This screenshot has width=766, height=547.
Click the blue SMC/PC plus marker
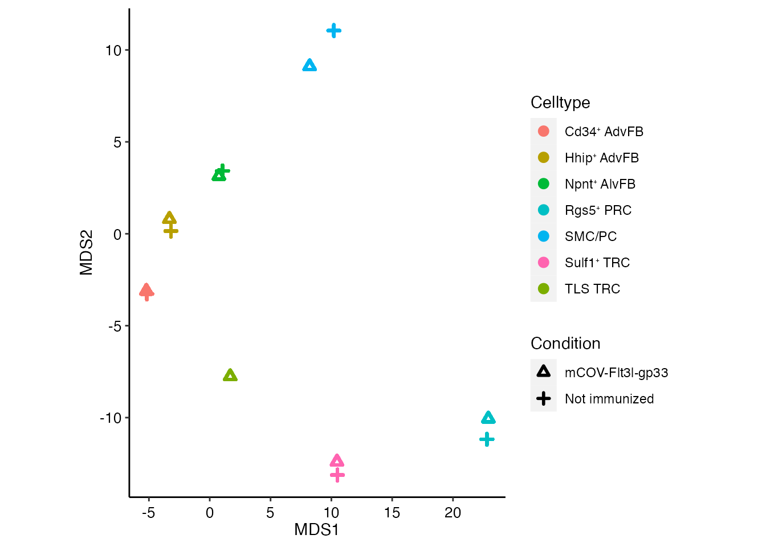pyautogui.click(x=334, y=31)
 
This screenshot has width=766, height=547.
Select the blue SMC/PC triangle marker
pyautogui.click(x=309, y=66)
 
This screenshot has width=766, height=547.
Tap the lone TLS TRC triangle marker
pyautogui.click(x=230, y=375)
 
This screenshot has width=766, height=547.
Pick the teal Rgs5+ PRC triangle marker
pyautogui.click(x=488, y=418)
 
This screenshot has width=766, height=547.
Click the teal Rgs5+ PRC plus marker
pyautogui.click(x=487, y=439)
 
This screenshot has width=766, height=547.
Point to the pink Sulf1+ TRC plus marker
pyautogui.click(x=337, y=475)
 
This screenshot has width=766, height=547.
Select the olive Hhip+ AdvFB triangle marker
pyautogui.click(x=169, y=218)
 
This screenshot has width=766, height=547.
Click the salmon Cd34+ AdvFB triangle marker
pyautogui.click(x=146, y=290)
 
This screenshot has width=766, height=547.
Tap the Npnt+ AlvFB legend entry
pyautogui.click(x=600, y=184)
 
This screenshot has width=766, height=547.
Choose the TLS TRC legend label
pyautogui.click(x=592, y=289)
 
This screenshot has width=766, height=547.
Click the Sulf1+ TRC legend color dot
pyautogui.click(x=544, y=263)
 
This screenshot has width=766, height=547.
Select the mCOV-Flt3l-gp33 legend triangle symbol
pyautogui.click(x=544, y=372)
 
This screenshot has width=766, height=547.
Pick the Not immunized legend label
pyautogui.click(x=609, y=399)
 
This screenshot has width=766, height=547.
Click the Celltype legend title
pyautogui.click(x=560, y=103)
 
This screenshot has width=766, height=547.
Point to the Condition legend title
pyautogui.click(x=565, y=344)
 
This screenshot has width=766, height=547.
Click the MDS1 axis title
pyautogui.click(x=317, y=530)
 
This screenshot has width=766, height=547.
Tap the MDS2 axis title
pyautogui.click(x=87, y=252)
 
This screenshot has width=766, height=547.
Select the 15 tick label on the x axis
pyautogui.click(x=392, y=513)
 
